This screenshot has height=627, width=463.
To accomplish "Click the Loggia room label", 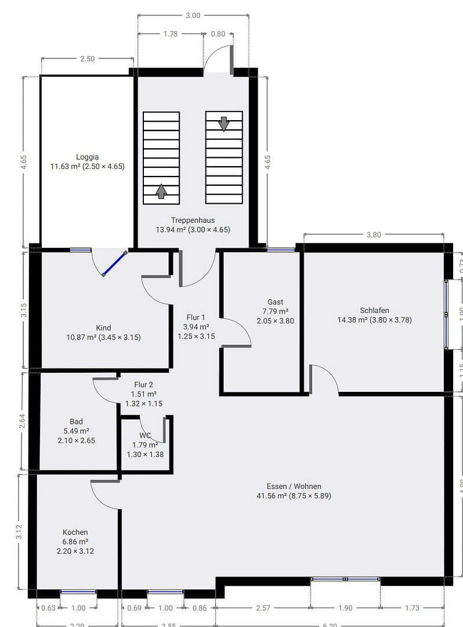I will [x=87, y=157].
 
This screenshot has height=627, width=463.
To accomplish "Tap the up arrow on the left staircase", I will [x=161, y=190].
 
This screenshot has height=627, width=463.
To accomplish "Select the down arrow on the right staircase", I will [x=224, y=124].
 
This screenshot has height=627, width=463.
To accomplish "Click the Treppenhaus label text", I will [x=193, y=220].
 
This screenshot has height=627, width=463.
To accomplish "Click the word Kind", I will [x=103, y=328].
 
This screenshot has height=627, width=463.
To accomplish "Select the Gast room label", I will [x=275, y=302].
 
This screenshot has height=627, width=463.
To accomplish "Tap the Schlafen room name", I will [x=374, y=310].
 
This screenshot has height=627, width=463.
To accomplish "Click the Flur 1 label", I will [x=196, y=318].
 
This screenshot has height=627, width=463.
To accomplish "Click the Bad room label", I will [x=76, y=421].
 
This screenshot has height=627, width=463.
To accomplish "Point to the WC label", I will [x=145, y=435].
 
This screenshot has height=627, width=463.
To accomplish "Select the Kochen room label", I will [x=75, y=532].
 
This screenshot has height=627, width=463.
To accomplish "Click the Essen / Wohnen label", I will [x=294, y=487].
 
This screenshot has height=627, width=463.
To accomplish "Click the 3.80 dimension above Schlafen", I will [x=374, y=235].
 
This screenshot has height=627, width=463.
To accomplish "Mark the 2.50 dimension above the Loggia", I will [x=87, y=59].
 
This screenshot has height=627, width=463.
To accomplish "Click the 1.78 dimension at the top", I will [x=171, y=34].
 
